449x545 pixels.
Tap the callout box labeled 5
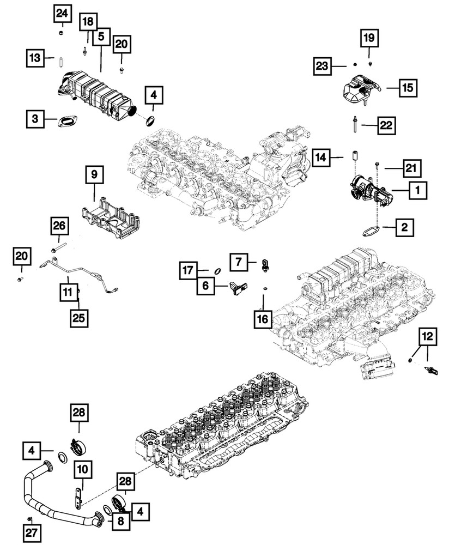click(x=101, y=37)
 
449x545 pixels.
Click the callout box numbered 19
click(x=369, y=38)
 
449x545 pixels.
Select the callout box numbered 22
click(x=386, y=125)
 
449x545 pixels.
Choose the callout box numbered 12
click(x=428, y=337)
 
